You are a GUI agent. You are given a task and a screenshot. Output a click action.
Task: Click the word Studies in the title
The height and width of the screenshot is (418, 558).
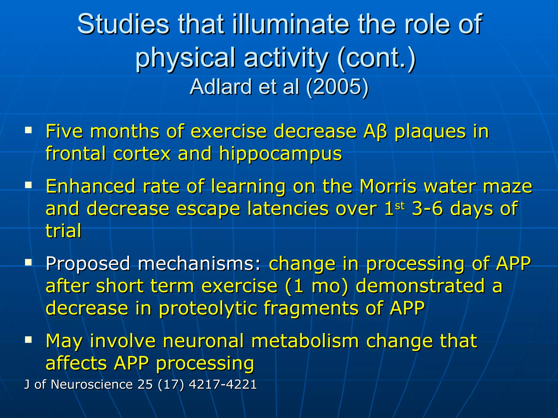[x=123, y=24]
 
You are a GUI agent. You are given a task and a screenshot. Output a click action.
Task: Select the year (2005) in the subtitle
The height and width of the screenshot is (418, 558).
[x=337, y=87]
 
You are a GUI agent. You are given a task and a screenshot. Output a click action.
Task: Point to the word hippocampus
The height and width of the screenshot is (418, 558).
[x=280, y=154]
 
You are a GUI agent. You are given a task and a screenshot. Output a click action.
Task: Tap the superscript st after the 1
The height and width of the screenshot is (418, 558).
[x=400, y=206]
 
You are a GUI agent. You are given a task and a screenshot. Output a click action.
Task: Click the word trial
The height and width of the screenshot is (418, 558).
[x=63, y=231]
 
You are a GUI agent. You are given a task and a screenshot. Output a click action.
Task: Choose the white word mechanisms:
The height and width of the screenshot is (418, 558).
[x=199, y=264]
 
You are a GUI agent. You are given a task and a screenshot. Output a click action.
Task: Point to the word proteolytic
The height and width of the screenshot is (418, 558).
[x=208, y=308]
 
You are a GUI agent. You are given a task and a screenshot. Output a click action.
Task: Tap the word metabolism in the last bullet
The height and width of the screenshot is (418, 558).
[x=305, y=341]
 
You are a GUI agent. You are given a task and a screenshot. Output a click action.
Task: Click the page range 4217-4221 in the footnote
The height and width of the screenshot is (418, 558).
[x=223, y=385]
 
